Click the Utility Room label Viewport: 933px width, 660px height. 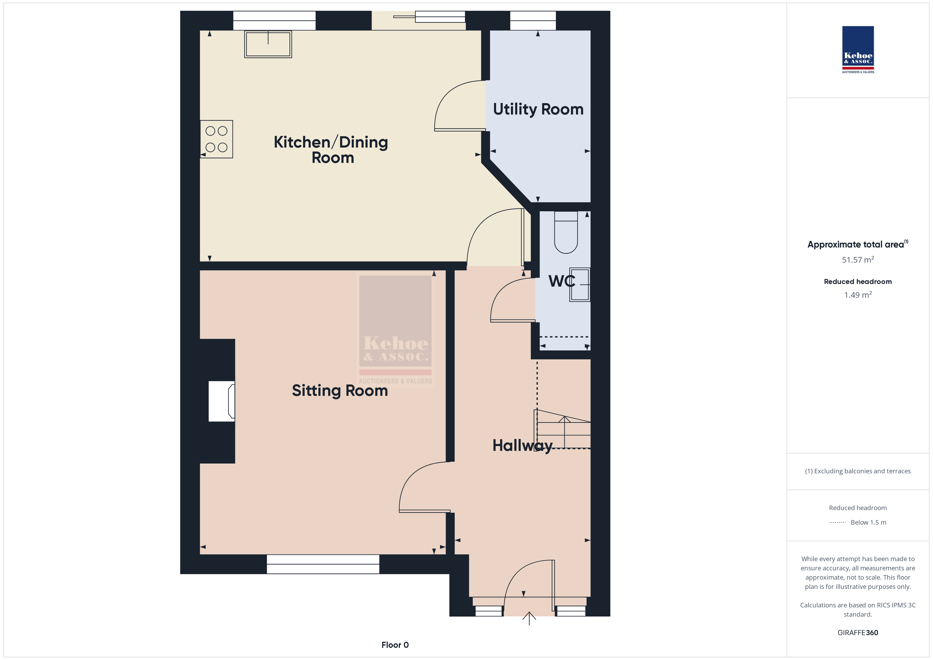click(538, 109)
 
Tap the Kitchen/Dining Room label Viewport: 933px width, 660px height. click(331, 150)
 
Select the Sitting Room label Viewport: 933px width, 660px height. click(340, 391)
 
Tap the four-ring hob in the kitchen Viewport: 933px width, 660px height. click(217, 139)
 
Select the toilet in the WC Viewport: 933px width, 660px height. click(566, 232)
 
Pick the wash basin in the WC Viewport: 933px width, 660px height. click(580, 285)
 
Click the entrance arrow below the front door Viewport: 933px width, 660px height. click(529, 618)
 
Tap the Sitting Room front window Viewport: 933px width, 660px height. click(323, 564)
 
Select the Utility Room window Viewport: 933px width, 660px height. click(533, 20)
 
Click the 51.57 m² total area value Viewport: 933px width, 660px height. click(858, 259)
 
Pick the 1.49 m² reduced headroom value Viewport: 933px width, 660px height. click(858, 295)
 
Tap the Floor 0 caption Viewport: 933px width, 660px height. click(395, 645)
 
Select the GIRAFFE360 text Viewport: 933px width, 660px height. click(858, 633)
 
